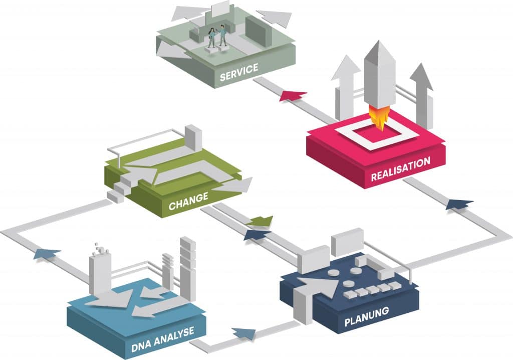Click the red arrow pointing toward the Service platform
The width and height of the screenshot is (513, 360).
click(293, 95)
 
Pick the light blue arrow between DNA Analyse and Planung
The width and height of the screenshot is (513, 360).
click(243, 333)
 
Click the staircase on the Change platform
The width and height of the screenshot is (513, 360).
click(119, 189)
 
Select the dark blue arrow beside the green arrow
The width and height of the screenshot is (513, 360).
click(256, 234)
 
